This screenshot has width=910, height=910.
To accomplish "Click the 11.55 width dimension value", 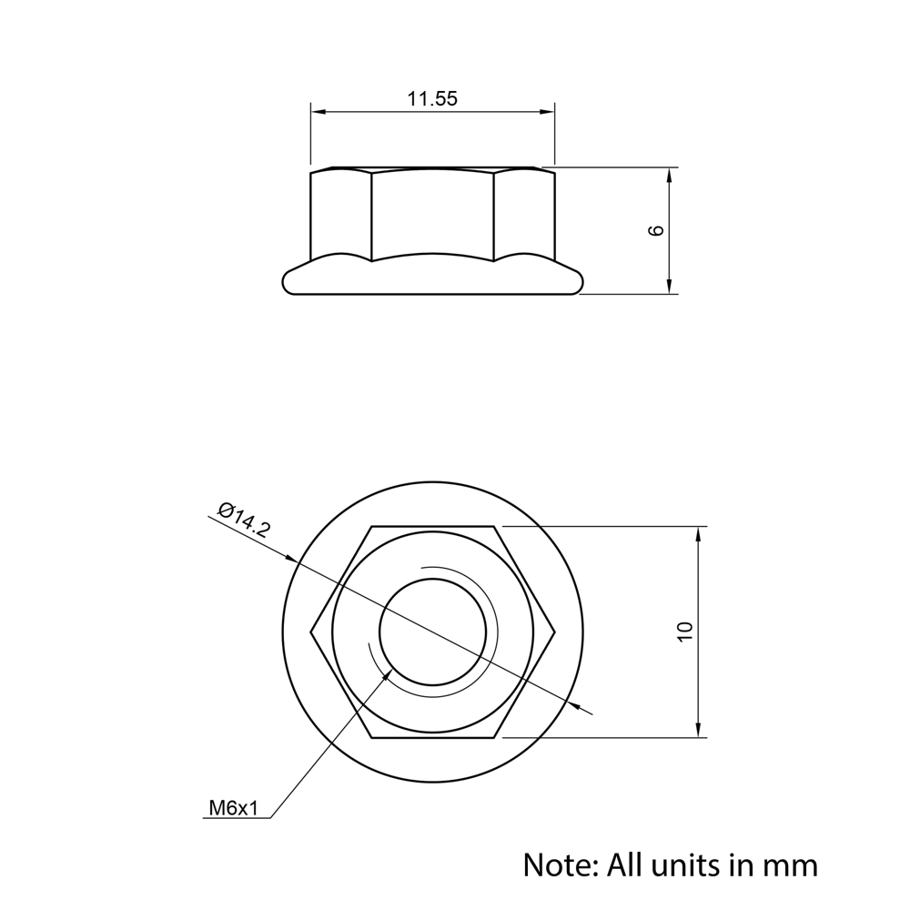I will point(432,99).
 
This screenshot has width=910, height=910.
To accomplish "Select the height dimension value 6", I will point(656,230).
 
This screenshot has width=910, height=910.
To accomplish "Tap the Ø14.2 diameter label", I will point(243,520).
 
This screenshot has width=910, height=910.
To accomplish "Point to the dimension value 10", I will point(685,632).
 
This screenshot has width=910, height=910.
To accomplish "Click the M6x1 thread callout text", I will point(234,808).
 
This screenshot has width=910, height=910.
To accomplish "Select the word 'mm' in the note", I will point(793,864).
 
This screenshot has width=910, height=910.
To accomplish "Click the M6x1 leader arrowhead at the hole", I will point(389,674).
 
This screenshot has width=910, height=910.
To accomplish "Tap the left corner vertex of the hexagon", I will point(311,632).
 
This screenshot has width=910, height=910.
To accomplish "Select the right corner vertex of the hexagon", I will point(555,632).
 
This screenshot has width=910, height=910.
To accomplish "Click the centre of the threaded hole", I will point(432,632).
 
